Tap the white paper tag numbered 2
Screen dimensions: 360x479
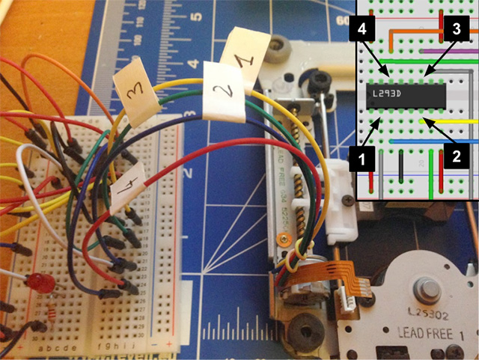[223, 93]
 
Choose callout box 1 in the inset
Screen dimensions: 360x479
[363, 157]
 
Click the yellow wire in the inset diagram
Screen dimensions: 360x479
[456, 120]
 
